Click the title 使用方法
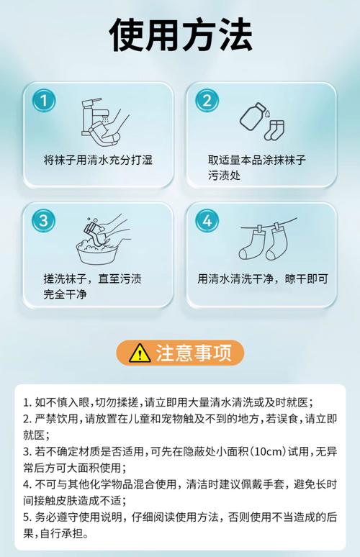pos(181,35)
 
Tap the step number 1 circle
pos(44,100)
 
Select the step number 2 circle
pos(207,100)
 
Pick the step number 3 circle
pos(44,220)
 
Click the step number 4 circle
pos(207,220)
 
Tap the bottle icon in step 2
pos(253,117)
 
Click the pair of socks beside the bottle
pos(274,130)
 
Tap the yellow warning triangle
pos(140,353)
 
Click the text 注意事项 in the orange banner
pos(194,353)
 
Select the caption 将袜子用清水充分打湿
pos(98,160)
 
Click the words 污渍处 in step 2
pos(224,176)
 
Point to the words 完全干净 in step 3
pos(65,294)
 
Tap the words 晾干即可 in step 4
pos(306,278)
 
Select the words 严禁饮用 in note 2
pos(56,419)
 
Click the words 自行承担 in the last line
pos(61,533)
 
